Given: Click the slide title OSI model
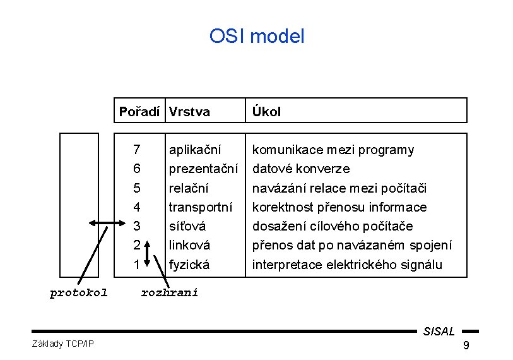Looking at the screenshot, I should [257, 36].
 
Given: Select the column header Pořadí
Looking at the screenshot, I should [139, 112].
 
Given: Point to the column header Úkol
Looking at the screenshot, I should [267, 112].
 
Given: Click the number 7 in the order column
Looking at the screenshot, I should [137, 150].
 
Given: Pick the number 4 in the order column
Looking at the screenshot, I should [137, 207].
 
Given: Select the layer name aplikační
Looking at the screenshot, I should [195, 150].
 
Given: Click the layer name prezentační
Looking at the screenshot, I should [203, 169].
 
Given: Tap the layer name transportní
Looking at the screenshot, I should [201, 207].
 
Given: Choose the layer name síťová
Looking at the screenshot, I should [187, 226].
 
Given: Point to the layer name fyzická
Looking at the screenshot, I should [189, 264].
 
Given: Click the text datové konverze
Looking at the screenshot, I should [301, 169].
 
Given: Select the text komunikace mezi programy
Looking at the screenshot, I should [333, 150].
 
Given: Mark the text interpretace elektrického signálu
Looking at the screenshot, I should [347, 264].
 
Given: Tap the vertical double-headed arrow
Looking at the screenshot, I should [147, 253].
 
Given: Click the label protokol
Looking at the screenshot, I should [79, 292].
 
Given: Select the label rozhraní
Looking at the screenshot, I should [169, 292].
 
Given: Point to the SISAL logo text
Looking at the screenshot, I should [439, 331].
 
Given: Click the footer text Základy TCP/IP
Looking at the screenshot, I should [62, 344].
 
